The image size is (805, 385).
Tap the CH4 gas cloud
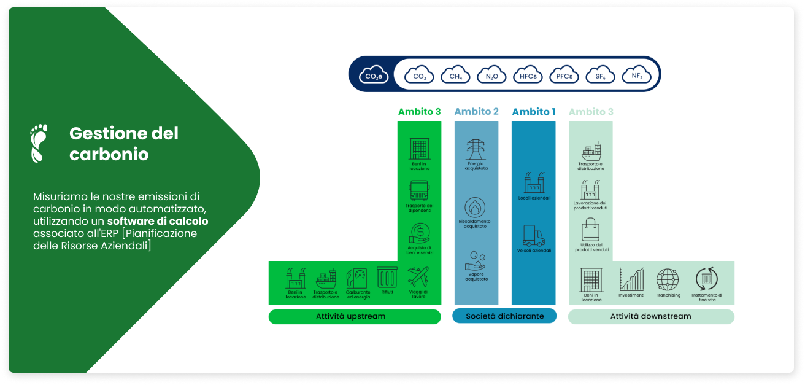(455, 74)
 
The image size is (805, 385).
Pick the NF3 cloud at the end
(636, 74)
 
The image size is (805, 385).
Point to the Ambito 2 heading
(476, 112)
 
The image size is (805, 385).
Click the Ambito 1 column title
(533, 112)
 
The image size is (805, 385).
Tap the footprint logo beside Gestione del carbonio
(39, 144)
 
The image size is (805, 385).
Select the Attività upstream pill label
(355, 316)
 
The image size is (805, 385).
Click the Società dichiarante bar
(504, 316)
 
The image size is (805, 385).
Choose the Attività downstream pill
(650, 316)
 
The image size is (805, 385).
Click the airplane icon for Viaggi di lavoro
(418, 277)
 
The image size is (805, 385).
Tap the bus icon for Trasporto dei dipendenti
(419, 191)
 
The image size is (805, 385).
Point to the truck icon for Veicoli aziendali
(533, 235)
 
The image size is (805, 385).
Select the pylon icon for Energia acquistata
(476, 149)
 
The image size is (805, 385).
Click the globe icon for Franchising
(668, 279)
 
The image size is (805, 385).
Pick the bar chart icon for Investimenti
(631, 279)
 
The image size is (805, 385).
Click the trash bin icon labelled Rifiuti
(387, 278)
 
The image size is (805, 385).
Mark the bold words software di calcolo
(158, 221)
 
